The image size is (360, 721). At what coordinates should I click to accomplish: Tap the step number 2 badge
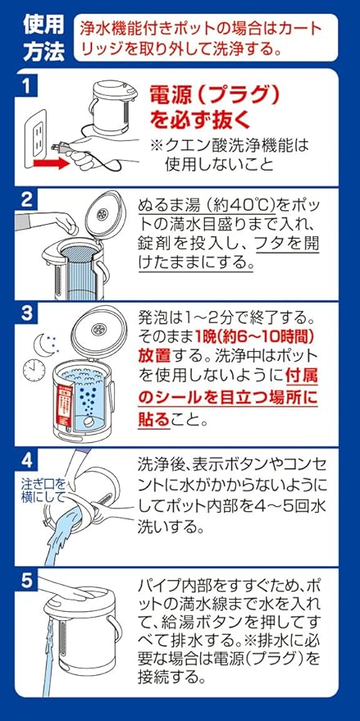pyautogui.click(x=28, y=199)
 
